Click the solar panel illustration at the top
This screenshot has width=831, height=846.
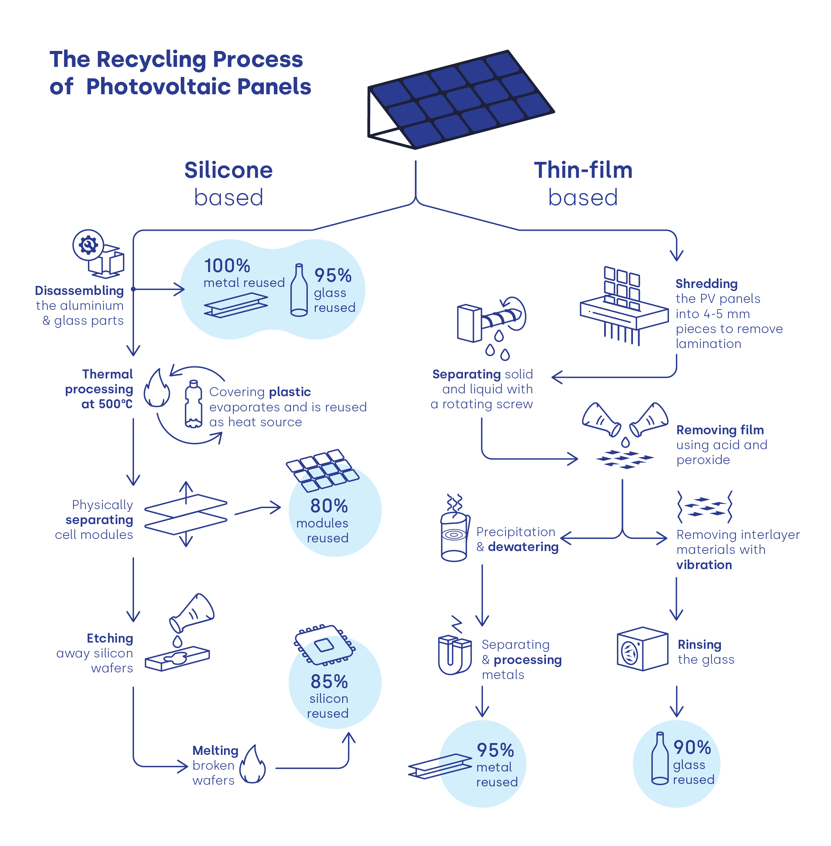461,99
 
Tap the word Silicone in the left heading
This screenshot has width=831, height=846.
228,170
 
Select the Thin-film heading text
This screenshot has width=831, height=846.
583,170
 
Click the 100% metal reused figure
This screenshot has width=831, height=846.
227,265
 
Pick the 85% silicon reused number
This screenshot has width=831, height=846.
329,681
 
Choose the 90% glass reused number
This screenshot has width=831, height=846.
692,747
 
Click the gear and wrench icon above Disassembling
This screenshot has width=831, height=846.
88,245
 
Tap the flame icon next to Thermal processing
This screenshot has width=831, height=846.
157,388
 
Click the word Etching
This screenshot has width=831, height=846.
110,638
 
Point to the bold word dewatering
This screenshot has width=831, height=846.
523,547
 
